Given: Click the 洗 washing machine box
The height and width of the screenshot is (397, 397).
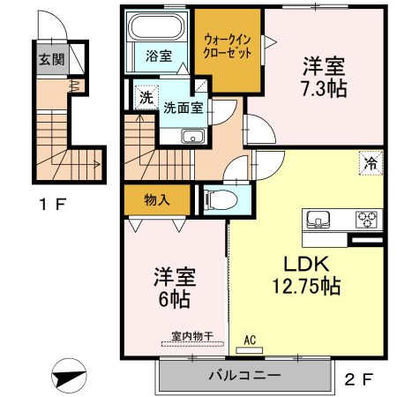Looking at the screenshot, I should click(x=144, y=97).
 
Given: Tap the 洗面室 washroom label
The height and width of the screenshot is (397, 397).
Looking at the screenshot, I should click(x=184, y=106).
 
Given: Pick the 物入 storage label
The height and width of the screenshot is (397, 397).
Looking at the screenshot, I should click(x=157, y=200).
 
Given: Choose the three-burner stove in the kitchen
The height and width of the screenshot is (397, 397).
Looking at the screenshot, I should click(x=365, y=219).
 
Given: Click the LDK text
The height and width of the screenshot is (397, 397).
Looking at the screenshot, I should click(x=305, y=264).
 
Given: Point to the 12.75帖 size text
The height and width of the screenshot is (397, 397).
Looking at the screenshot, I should click(x=305, y=287).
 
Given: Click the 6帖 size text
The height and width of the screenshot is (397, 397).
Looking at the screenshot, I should click(x=173, y=298).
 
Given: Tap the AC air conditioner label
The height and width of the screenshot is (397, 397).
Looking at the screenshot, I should click(x=250, y=339).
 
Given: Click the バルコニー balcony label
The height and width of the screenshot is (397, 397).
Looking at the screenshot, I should click(x=244, y=376).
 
